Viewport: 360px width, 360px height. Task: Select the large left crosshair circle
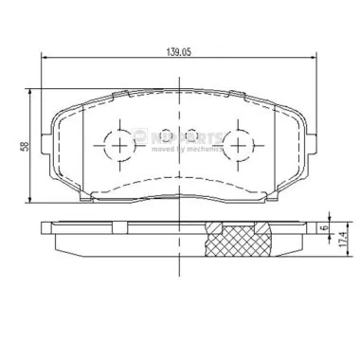click(121, 145)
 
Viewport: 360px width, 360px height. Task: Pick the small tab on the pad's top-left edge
click(121, 93)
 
